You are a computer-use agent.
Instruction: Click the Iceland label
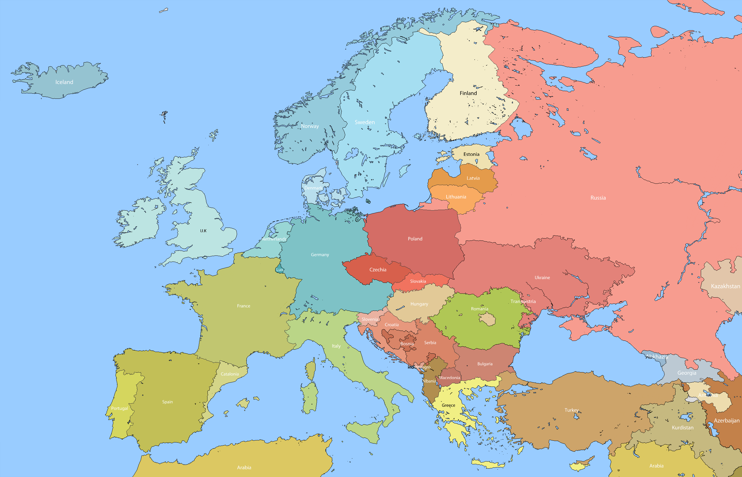coord(64,82)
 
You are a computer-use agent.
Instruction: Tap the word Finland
coord(468,93)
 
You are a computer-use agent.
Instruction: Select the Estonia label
coord(471,154)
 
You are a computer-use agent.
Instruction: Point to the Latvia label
coord(473,178)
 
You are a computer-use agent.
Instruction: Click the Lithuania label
coord(456,197)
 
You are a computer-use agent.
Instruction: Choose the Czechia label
coord(378,270)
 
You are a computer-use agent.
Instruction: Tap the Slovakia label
coord(418,281)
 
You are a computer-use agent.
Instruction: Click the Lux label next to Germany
coord(280,270)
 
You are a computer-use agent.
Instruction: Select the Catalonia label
coord(230,374)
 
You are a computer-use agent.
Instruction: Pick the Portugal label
coord(119,408)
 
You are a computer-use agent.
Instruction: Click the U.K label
coord(203,231)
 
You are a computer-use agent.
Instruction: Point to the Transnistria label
coord(523,301)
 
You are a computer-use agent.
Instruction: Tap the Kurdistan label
coord(683,427)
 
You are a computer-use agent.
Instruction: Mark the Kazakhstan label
coord(725,286)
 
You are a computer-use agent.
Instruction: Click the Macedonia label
coord(449,378)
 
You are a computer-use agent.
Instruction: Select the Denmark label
coord(313,188)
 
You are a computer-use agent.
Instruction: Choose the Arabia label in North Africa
coord(244,467)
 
